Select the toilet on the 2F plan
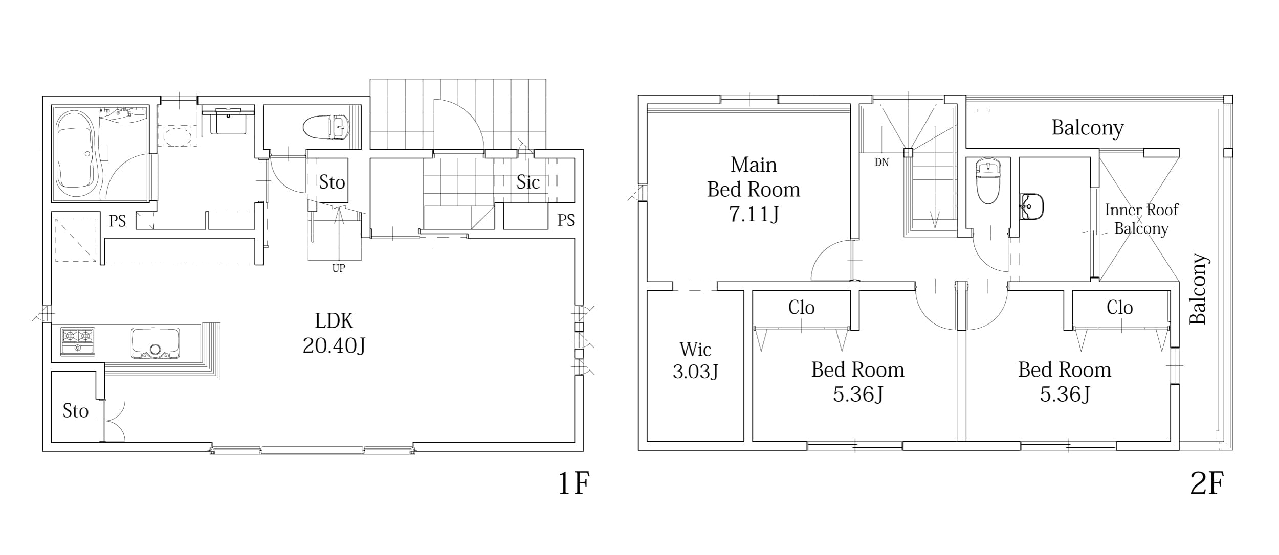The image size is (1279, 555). click(988, 181)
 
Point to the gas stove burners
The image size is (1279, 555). click(78, 341)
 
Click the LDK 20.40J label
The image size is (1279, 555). click(334, 333)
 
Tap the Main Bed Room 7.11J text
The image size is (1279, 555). click(754, 189)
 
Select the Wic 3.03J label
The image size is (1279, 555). click(695, 360)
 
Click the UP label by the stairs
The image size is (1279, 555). click(339, 268)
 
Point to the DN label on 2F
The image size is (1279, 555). click(881, 163)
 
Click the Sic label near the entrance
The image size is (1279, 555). click(528, 182)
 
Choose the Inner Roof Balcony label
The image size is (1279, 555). click(1141, 219)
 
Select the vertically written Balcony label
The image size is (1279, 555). click(1198, 289)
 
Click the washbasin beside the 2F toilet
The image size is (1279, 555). click(1031, 206)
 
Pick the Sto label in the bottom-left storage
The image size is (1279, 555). click(76, 411)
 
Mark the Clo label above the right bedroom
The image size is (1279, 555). click(1119, 308)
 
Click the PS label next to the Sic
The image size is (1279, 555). click(566, 220)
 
